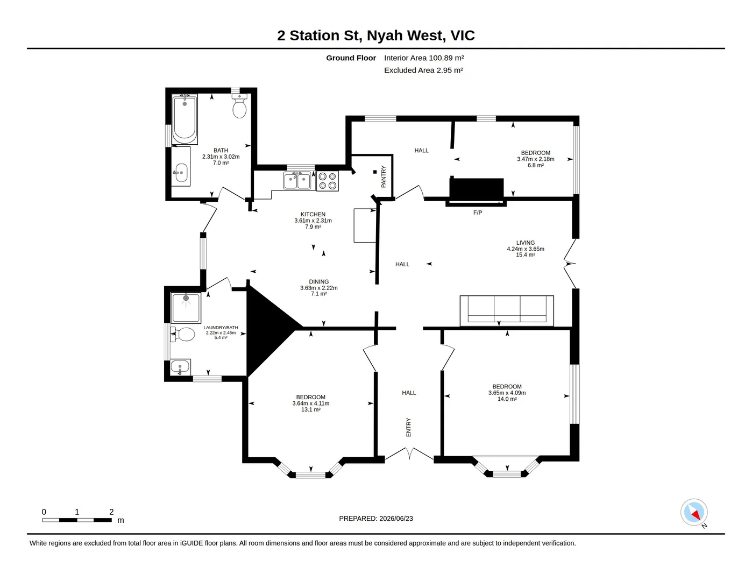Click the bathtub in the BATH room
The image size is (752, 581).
coord(185,119)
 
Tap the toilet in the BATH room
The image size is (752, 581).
coord(239,106)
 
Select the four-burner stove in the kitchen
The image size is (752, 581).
coord(328,181)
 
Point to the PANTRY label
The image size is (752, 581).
coord(384,177)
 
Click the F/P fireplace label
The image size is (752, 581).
coord(478,212)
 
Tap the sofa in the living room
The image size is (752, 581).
coord(507,310)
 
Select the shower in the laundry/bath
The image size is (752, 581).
coord(186,308)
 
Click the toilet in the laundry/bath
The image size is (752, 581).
coord(182,334)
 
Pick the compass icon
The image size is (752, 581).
coord(694,513)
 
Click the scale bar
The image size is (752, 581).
coord(77,520)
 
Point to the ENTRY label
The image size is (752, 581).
coord(408,427)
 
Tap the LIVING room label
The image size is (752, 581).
coord(526,243)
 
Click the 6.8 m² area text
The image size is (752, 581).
coord(535,165)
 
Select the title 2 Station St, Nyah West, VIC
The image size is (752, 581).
coord(376,36)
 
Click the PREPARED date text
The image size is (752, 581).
coord(376,519)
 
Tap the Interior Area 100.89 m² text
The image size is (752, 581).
coord(424,58)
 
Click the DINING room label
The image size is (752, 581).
coord(319,282)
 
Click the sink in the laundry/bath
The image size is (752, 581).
coord(180,367)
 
